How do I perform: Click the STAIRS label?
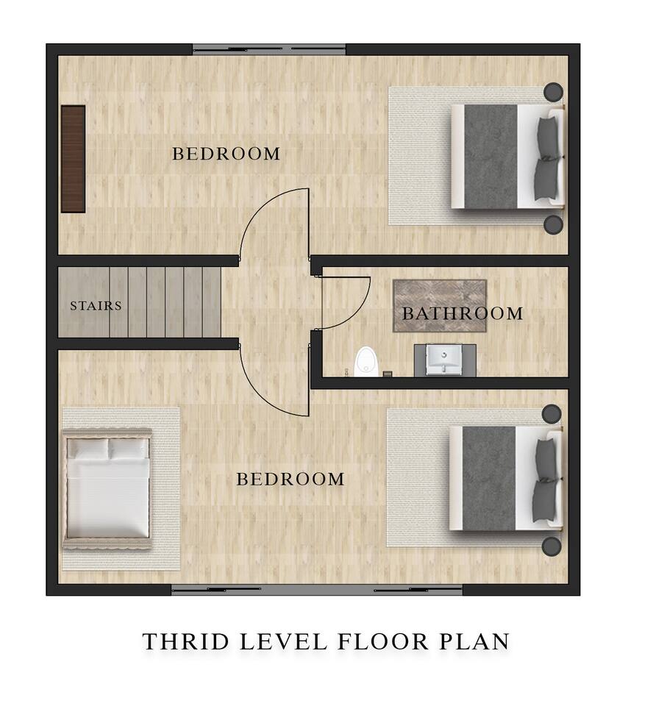(x=96, y=306)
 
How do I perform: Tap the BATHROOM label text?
(x=463, y=313)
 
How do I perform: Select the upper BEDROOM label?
(x=226, y=154)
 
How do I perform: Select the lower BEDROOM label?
(x=290, y=479)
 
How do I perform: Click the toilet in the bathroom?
(x=366, y=361)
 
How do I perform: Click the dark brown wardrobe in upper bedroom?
(x=73, y=159)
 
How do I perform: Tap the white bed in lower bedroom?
(x=107, y=488)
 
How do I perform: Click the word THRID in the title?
(x=186, y=641)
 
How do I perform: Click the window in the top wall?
(x=269, y=49)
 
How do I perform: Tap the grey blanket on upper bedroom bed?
(x=490, y=157)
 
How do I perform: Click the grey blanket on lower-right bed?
(x=489, y=478)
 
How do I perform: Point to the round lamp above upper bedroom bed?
(x=553, y=92)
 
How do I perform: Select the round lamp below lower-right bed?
(x=552, y=546)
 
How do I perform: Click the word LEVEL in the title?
(x=284, y=641)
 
